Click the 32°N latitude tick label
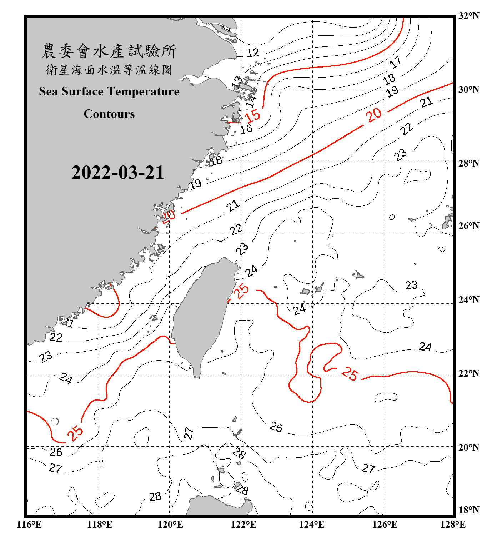click(468, 16)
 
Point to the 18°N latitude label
click(468, 510)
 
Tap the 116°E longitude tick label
click(29, 525)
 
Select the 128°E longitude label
click(453, 525)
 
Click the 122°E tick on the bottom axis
click(243, 525)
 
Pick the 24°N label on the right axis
click(468, 300)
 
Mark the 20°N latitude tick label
click(468, 447)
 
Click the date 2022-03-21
click(117, 172)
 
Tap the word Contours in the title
click(109, 114)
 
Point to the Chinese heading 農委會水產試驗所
click(109, 51)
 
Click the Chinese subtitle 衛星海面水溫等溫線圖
click(109, 70)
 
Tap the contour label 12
click(253, 53)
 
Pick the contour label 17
click(395, 62)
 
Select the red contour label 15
click(252, 116)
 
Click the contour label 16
click(246, 129)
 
